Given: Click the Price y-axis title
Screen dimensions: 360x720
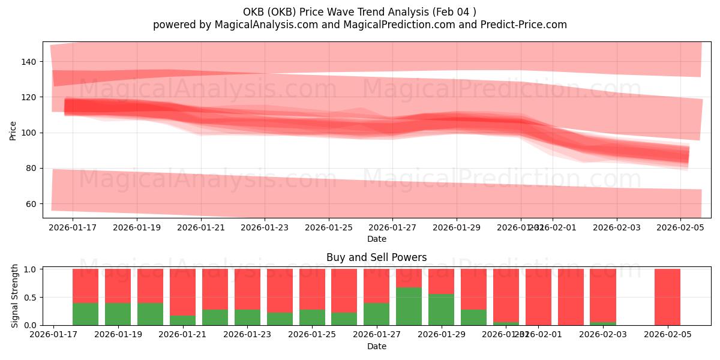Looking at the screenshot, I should point(13,130).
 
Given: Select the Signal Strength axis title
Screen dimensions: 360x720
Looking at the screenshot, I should point(15,296).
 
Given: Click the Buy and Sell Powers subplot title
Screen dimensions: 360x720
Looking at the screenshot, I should point(376,257).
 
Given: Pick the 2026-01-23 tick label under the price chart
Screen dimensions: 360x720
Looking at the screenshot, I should point(265,227).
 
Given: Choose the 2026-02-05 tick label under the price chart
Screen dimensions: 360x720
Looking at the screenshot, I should point(680,227).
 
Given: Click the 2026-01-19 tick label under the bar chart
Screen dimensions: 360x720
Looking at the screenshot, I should point(118,334).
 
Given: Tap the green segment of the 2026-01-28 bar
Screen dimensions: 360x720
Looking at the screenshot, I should point(409,306).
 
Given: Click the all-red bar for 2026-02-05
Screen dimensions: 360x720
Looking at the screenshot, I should point(667,297).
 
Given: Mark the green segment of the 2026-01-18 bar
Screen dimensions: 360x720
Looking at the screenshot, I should point(85,314).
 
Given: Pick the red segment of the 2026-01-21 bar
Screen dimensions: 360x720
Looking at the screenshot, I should point(182,292).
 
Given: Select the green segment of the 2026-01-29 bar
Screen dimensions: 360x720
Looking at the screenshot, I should point(441,310).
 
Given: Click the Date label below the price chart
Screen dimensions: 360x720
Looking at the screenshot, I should point(376,239).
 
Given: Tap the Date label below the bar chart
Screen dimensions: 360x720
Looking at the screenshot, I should point(376,346).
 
